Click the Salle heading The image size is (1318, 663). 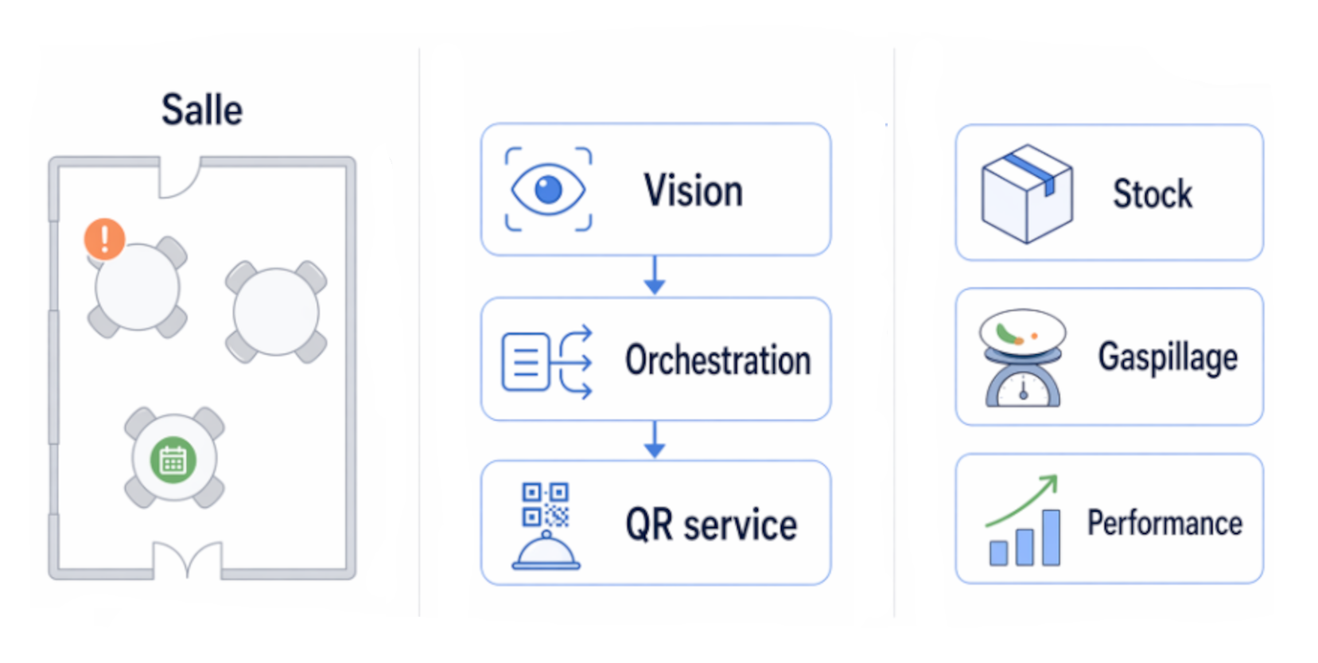coord(201,110)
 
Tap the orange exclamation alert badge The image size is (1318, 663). coord(104,239)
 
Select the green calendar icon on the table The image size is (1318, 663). coord(173,459)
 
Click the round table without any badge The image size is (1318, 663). coord(275,310)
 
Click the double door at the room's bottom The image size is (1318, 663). coord(187,557)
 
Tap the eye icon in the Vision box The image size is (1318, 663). coord(548,189)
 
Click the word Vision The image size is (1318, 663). coord(693,191)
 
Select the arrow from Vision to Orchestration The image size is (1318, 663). coord(654,276)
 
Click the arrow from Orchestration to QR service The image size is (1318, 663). coord(654,440)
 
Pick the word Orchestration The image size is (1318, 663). coord(717,360)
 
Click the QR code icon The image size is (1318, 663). coord(545,505)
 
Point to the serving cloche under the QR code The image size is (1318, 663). coord(546,552)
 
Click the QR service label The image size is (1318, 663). coord(710,525)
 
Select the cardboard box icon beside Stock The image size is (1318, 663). coord(1026,193)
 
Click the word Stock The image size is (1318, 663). coord(1152,194)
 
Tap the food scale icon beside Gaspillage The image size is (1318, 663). coord(1022,358)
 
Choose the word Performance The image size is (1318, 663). coord(1164,524)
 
